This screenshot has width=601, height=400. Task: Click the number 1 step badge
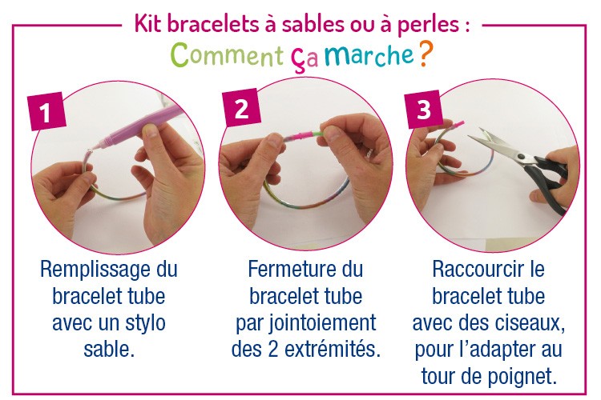point(46,111)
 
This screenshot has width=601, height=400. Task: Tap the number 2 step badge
point(241,107)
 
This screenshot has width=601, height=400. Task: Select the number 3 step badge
point(424,110)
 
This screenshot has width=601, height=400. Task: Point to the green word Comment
point(227,54)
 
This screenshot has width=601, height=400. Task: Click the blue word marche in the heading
point(369,55)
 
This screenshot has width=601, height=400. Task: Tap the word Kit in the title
point(149,24)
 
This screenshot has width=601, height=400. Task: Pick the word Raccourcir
point(478,269)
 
